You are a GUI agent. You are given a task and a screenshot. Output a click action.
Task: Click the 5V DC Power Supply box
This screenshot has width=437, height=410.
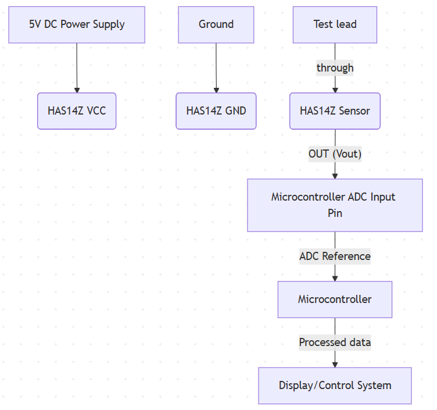coord(77,24)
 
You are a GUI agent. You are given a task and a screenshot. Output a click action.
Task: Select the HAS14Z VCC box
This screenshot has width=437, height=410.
coord(77,110)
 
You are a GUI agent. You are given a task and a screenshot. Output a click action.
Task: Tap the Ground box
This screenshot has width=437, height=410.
coord(216,24)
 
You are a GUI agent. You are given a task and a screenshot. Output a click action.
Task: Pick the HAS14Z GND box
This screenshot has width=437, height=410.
coord(216,110)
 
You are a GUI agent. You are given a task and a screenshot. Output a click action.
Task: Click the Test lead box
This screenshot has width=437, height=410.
coord(335,24)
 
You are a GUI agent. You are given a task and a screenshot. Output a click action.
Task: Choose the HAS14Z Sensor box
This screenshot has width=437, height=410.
coord(335,110)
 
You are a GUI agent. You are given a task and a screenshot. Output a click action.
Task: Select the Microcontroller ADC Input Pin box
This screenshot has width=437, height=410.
coord(335,205)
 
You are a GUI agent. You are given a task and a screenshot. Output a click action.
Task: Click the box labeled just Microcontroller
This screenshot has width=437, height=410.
coord(335,300)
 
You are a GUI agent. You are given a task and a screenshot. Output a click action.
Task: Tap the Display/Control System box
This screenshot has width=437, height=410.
coord(335,385)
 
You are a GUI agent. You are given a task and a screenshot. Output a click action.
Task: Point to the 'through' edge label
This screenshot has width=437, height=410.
coord(335,67)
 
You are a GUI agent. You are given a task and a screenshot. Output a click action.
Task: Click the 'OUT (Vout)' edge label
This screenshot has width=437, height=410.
coord(335,154)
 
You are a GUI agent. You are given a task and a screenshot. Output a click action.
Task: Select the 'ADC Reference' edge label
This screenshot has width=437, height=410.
coord(335,256)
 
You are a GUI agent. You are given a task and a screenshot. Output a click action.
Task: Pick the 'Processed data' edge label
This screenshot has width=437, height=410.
coord(335,342)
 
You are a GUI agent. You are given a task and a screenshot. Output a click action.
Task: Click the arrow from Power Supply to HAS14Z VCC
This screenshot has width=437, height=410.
coord(77,67)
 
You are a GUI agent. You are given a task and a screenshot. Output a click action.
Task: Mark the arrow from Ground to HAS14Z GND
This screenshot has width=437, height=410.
coord(216,67)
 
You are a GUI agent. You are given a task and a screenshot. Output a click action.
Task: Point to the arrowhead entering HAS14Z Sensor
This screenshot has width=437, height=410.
coord(335,90)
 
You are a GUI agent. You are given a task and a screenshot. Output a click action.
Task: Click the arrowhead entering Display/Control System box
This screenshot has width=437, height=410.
coord(335,364)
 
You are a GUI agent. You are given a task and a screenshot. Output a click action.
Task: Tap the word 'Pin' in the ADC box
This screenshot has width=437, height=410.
coord(335,213)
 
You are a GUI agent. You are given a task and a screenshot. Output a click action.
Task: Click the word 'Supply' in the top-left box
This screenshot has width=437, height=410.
coord(109,24)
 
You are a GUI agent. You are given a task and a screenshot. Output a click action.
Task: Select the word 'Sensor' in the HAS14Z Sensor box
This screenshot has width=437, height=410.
coord(354,110)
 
